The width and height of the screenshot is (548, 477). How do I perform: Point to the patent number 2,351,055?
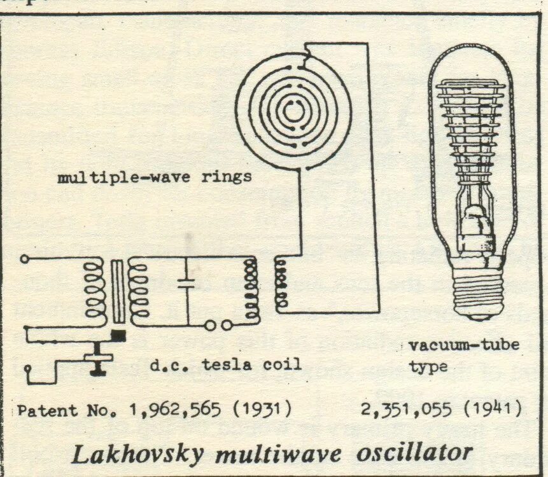coord(403,406)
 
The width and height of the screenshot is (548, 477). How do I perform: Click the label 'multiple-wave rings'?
coord(155,177)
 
